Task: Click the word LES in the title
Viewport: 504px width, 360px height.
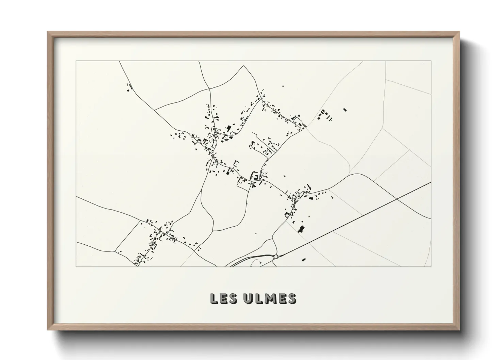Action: point(224,298)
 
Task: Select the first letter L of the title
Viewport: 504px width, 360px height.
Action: point(214,298)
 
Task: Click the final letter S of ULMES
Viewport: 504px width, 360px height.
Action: point(292,298)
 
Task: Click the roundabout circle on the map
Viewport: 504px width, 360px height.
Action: point(276,257)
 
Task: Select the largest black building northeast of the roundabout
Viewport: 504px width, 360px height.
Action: point(301,229)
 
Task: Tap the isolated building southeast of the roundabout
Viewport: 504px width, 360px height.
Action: point(304,260)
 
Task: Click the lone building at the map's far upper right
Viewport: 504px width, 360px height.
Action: point(345,110)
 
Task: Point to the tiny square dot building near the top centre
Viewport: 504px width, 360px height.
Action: point(283,86)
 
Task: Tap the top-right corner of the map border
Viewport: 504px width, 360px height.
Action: point(431,61)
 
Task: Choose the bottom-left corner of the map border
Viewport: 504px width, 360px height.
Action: point(76,266)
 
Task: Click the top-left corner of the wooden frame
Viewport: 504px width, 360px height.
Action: point(48,32)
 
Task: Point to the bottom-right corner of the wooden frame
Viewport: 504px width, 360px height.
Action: point(459,330)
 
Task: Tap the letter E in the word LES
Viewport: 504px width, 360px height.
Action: point(224,298)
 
